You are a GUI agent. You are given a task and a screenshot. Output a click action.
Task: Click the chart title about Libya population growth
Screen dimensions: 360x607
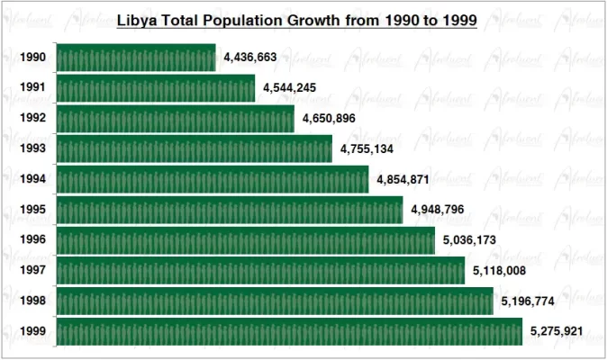(x=297, y=19)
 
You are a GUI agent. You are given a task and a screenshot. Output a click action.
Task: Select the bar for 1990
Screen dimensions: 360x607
(x=136, y=58)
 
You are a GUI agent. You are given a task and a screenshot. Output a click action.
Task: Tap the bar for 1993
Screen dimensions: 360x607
(x=194, y=149)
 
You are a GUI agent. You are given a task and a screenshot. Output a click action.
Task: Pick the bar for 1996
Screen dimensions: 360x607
(x=246, y=240)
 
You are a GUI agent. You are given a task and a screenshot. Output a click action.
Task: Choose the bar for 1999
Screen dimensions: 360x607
(x=289, y=331)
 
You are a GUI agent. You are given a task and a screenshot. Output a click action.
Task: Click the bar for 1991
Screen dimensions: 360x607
(x=156, y=88)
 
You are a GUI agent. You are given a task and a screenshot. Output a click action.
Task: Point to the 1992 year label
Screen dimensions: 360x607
(x=33, y=119)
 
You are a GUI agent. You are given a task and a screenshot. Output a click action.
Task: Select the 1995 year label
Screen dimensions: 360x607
(x=33, y=210)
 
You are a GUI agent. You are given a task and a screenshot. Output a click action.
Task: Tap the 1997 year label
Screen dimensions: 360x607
(x=33, y=271)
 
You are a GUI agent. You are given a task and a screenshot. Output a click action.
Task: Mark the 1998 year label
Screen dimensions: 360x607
(x=33, y=301)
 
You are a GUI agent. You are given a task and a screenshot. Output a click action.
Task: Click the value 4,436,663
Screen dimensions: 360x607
(x=250, y=58)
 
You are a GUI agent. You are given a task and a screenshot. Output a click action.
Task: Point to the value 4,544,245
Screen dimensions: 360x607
(x=290, y=88)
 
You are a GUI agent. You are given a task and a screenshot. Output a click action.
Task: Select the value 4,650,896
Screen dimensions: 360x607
(x=329, y=119)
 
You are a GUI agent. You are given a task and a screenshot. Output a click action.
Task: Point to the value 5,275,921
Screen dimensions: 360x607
(x=557, y=331)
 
